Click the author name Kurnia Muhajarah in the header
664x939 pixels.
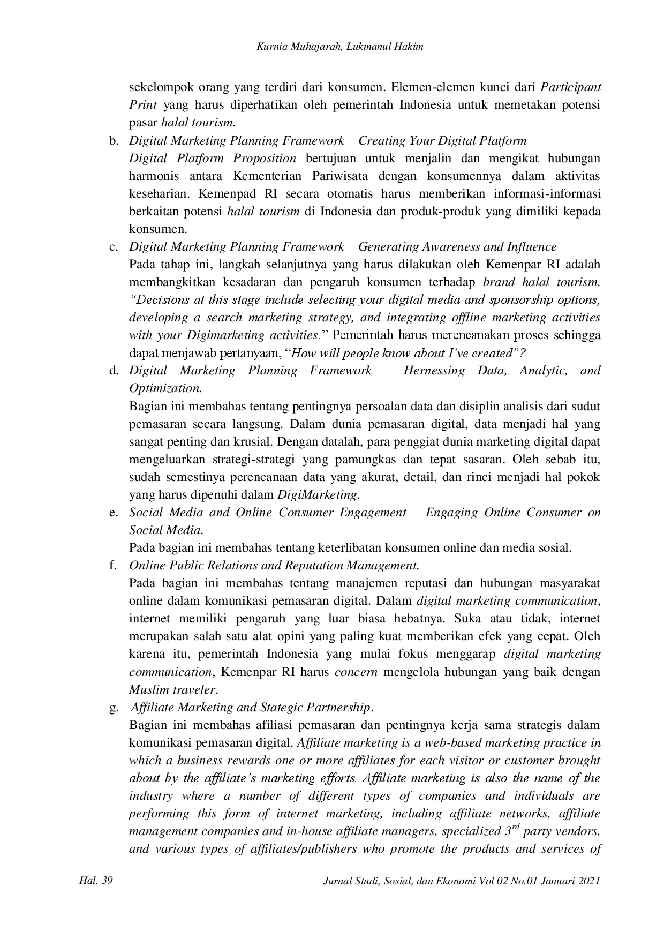(x=288, y=47)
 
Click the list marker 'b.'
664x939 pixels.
(x=114, y=141)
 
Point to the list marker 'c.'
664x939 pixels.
(x=114, y=247)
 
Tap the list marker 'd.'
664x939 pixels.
(x=114, y=371)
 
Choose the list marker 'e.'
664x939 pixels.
(x=114, y=513)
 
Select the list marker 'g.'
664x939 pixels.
(x=114, y=708)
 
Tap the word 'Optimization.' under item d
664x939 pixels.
(x=165, y=388)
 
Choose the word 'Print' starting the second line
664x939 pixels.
(x=143, y=105)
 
